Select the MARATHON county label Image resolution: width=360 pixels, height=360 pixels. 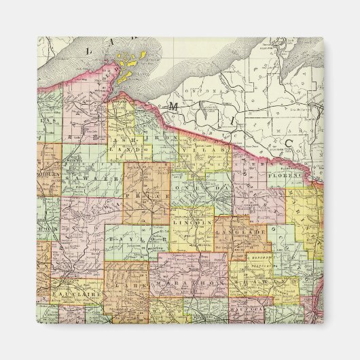tap(182, 281)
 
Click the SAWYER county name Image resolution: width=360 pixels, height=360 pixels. tap(84, 178)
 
